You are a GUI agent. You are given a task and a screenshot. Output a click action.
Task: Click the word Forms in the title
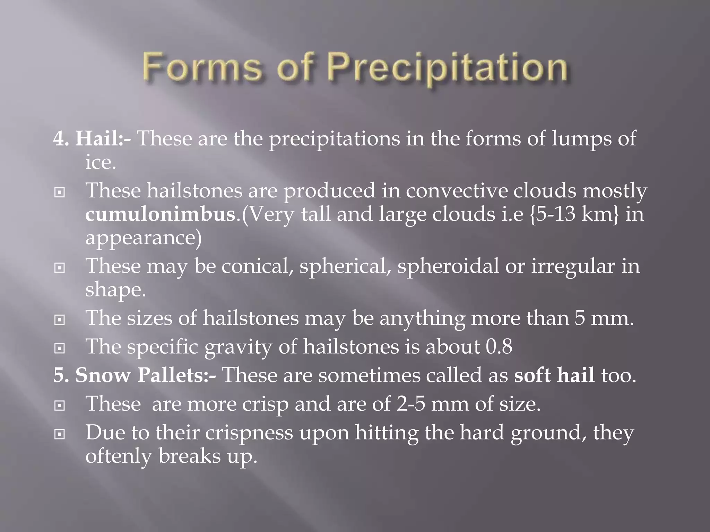[x=201, y=66]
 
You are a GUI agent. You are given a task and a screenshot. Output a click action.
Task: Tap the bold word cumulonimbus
[x=161, y=214]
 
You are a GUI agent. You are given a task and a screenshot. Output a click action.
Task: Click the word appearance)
[x=143, y=238]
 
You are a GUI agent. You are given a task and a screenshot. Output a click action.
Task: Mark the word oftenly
[x=119, y=456]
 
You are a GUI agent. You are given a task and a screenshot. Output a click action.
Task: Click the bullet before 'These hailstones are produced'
[x=60, y=192]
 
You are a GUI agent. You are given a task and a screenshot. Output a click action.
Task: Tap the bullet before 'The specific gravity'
[x=60, y=348]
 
